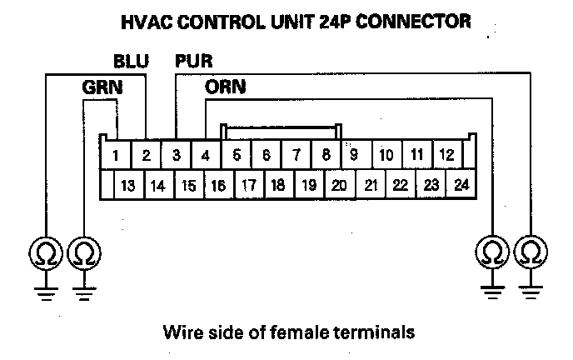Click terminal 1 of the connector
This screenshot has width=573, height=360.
coord(117,155)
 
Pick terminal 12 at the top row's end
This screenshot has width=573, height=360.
coord(446,155)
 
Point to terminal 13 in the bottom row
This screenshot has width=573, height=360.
coord(127,186)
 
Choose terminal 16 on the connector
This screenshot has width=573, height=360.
coord(218,186)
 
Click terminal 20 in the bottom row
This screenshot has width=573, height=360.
coord(338,186)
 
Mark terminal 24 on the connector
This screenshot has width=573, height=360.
coord(460,186)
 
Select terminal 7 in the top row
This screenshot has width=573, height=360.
coord(296,155)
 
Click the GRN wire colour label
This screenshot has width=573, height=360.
coord(99,86)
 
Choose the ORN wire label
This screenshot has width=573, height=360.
coord(224,86)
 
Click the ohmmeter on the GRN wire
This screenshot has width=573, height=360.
coord(83,251)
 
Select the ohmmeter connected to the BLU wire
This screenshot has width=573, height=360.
coord(45,251)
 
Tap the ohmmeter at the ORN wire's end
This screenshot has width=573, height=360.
coord(491,251)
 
